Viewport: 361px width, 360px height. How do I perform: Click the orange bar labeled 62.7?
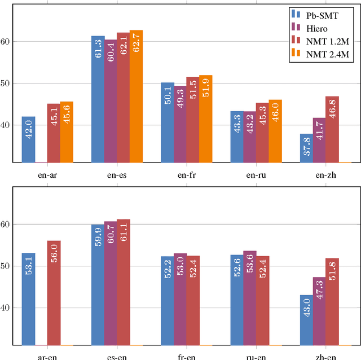click(x=136, y=96)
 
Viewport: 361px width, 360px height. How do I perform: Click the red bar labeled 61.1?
click(x=123, y=282)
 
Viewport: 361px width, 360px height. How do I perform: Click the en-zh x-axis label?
click(x=325, y=175)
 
